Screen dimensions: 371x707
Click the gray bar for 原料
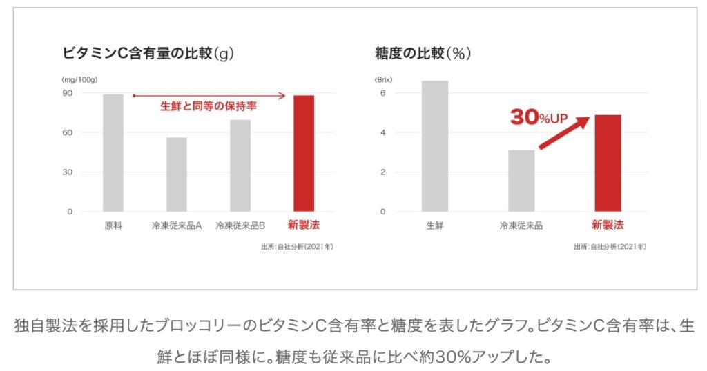click(113, 152)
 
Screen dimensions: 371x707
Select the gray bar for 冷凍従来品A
click(176, 174)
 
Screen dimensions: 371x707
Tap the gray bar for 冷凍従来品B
click(240, 166)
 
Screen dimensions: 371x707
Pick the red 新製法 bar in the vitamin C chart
click(304, 153)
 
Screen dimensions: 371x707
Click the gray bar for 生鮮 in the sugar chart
click(435, 146)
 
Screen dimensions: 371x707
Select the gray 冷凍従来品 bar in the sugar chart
click(521, 180)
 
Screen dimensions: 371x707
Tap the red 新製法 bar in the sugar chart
click(608, 163)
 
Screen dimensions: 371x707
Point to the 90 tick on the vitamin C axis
click(68, 93)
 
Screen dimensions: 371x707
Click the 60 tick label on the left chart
click(68, 132)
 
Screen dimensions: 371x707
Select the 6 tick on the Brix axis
click(382, 93)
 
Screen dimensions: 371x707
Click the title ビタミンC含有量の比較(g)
click(148, 53)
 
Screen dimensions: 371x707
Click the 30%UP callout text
click(539, 118)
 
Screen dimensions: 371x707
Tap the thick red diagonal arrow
click(563, 133)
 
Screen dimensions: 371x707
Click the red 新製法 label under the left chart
click(304, 225)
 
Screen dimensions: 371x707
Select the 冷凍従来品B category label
click(240, 225)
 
